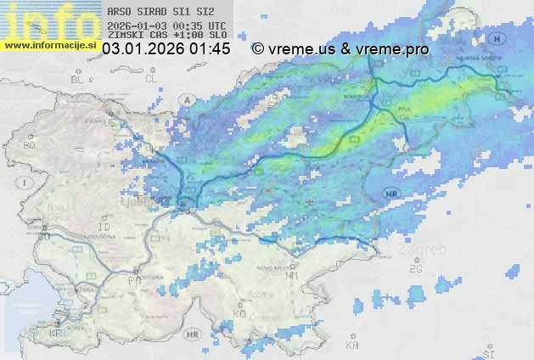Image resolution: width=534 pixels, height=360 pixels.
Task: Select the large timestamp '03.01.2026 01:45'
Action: click(166, 49)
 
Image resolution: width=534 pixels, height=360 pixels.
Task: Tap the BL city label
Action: click(79, 79)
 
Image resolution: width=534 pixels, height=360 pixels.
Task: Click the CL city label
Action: click(151, 78)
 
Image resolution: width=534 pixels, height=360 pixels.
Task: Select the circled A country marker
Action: click(185, 99)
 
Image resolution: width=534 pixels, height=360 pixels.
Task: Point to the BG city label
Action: click(29, 145)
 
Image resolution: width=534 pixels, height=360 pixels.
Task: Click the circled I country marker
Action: click(26, 183)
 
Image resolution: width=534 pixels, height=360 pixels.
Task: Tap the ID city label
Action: click(104, 228)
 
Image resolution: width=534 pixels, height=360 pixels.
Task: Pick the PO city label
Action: click(133, 279)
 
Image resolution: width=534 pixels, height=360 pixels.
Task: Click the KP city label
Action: click(56, 333)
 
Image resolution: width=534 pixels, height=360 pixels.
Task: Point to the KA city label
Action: click(351, 346)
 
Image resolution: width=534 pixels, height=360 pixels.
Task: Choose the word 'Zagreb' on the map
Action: click(427, 250)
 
